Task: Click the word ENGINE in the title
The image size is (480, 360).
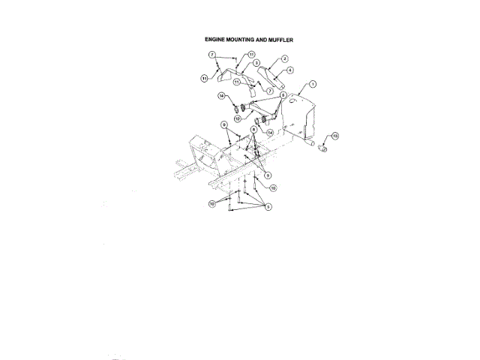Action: pyautogui.click(x=214, y=38)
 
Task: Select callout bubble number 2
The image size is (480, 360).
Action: pyautogui.click(x=285, y=58)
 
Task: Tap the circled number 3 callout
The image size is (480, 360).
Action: pyautogui.click(x=256, y=64)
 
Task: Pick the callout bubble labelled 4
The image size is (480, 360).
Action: pyautogui.click(x=289, y=70)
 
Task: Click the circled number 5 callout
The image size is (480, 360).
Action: pyautogui.click(x=268, y=206)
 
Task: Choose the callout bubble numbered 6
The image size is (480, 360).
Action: pyautogui.click(x=283, y=96)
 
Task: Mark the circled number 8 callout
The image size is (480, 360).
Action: pyautogui.click(x=254, y=130)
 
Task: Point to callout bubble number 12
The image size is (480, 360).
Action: pyautogui.click(x=236, y=118)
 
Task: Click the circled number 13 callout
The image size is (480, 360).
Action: pyautogui.click(x=335, y=136)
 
